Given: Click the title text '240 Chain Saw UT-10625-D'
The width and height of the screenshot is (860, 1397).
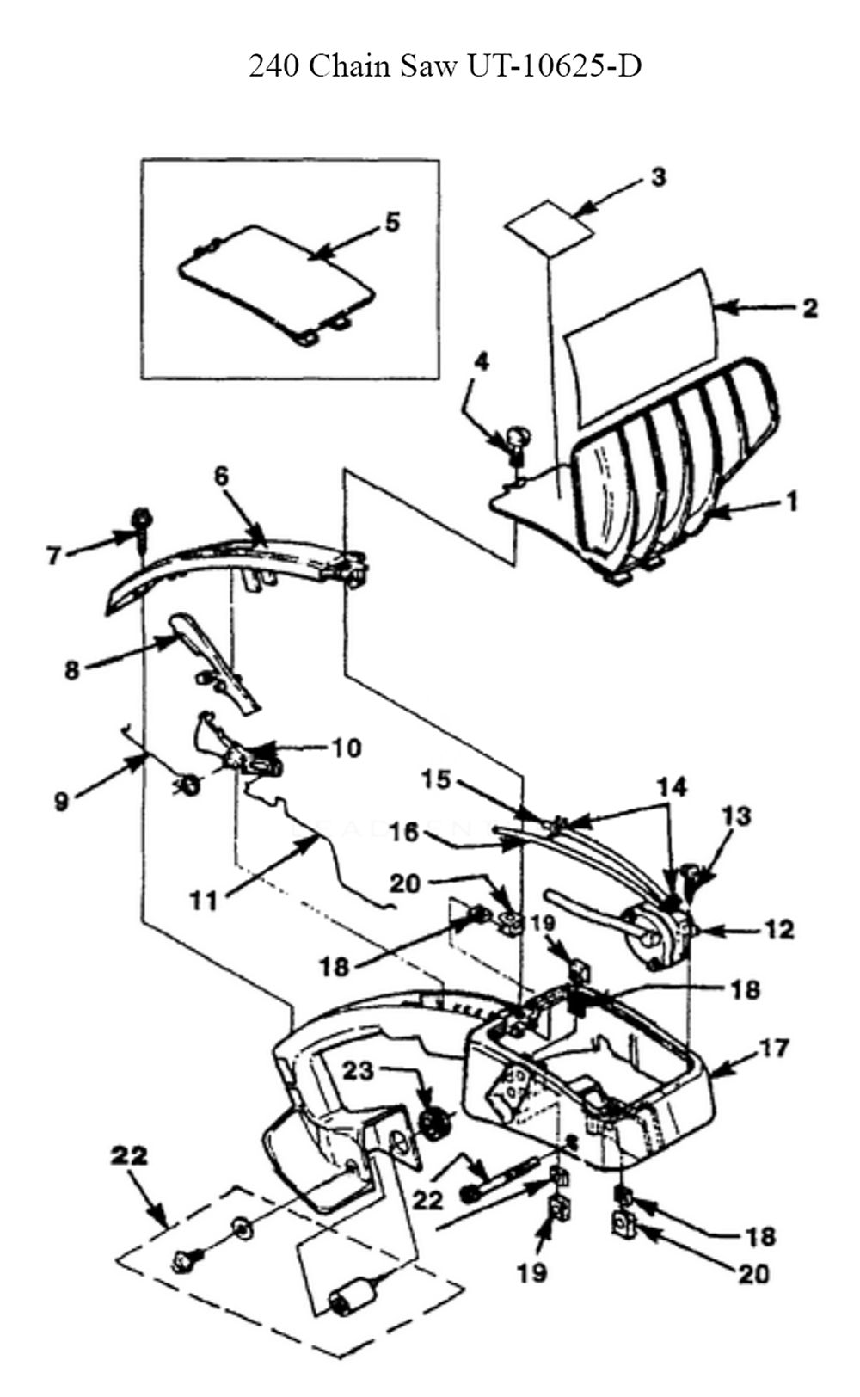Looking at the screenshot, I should (445, 65).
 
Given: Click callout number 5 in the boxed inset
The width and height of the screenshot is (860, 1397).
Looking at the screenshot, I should (392, 222).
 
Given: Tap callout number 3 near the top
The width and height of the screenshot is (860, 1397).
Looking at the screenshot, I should (658, 177).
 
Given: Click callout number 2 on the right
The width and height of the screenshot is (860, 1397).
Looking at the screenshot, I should (809, 308).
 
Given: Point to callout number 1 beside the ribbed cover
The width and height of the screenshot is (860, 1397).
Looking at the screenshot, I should (791, 500).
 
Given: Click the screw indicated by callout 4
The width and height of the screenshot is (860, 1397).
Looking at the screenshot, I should (518, 443).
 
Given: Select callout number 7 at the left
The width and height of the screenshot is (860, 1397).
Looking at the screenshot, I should (53, 556).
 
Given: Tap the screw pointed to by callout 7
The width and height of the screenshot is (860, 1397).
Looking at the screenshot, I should (139, 523).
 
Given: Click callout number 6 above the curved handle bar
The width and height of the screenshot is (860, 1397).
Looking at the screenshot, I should (222, 476).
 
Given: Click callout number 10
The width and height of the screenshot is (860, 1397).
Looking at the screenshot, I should (347, 747).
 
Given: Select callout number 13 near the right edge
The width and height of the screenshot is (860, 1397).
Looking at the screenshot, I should (736, 815).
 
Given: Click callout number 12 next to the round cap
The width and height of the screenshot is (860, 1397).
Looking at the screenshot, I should (779, 929).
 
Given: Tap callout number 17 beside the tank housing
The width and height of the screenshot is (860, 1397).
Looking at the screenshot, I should (774, 1048).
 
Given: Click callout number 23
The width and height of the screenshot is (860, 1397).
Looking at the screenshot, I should (360, 1071).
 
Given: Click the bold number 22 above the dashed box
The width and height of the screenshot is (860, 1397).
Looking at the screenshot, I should (129, 1155).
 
